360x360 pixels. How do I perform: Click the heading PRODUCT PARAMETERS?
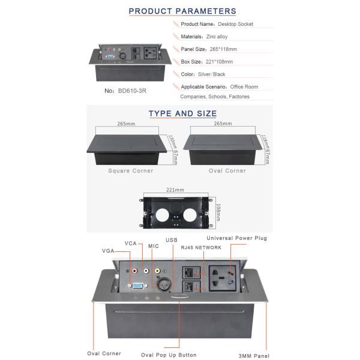coord(182,11)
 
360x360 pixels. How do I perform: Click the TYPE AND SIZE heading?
coord(182,113)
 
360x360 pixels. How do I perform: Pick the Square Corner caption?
coord(131,171)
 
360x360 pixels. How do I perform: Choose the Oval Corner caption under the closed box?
coord(227,171)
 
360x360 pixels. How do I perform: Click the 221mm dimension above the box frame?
coord(175,189)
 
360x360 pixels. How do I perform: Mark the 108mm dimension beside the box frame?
coord(218,212)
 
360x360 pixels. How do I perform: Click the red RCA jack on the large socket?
coord(143,271)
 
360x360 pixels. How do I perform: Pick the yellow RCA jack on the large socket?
coord(157,271)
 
